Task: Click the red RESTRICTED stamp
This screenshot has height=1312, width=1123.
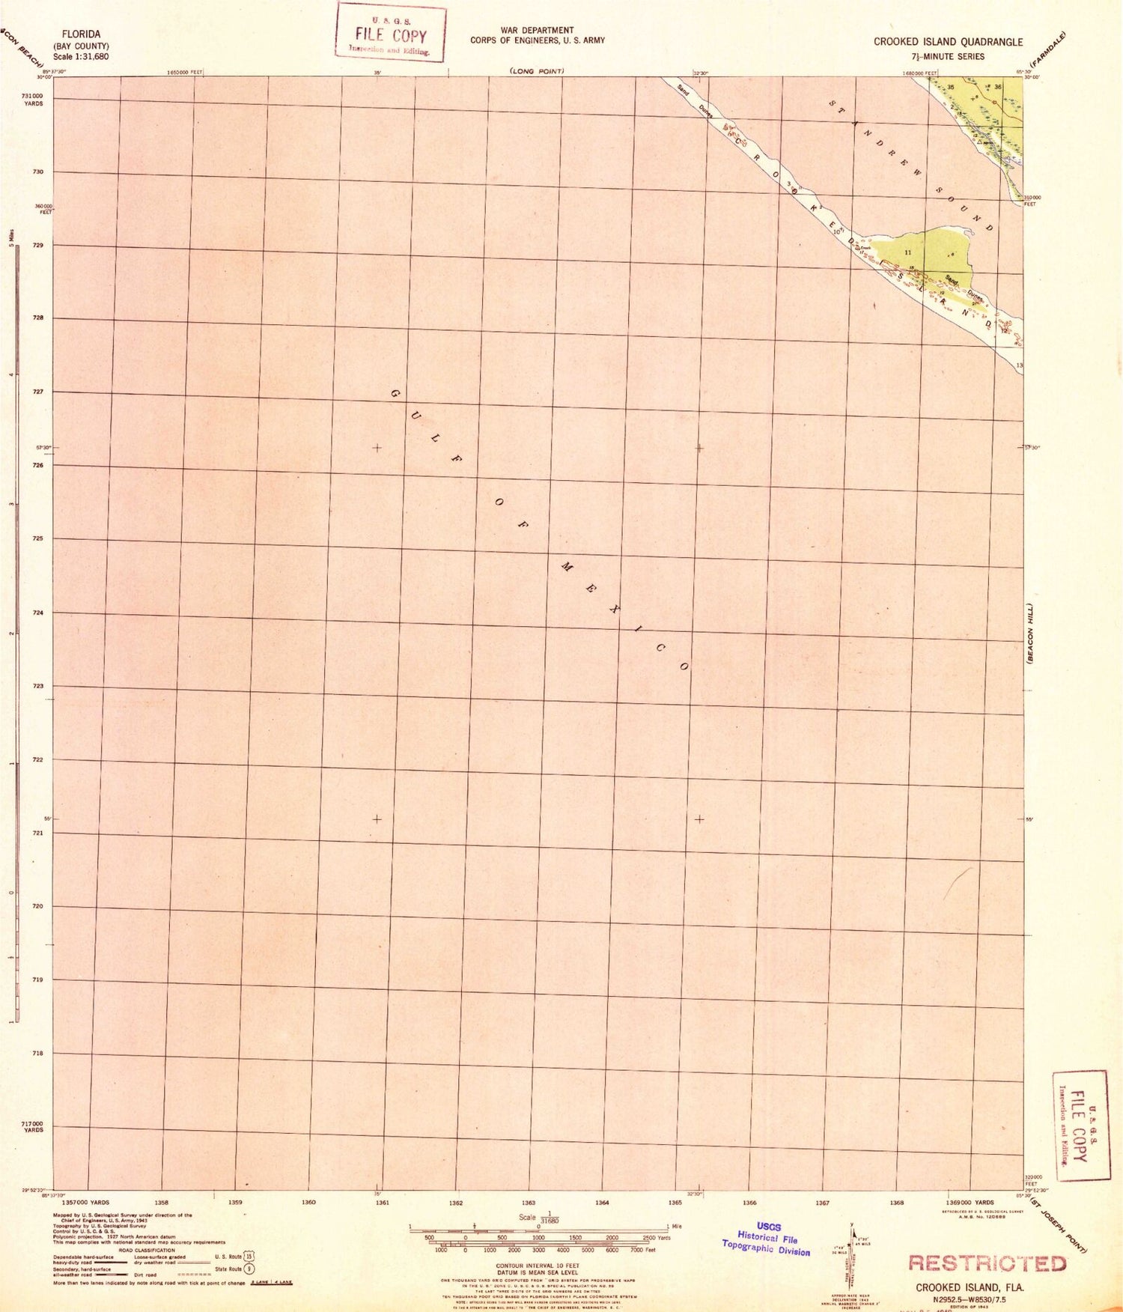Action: click(987, 1263)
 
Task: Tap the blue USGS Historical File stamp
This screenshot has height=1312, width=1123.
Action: click(766, 1239)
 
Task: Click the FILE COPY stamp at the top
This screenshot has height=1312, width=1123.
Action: click(391, 32)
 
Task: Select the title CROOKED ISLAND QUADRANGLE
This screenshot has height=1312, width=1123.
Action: click(948, 42)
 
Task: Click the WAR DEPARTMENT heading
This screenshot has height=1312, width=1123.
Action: click(537, 31)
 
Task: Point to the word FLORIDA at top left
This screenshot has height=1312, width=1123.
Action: click(81, 34)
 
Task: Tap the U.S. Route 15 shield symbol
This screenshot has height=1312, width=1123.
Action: click(249, 1257)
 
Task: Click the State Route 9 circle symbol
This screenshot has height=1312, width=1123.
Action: click(249, 1269)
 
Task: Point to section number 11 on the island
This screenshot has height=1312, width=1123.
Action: click(908, 252)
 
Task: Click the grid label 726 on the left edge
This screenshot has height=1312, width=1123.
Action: click(37, 465)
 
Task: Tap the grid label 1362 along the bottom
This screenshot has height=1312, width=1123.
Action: click(455, 1203)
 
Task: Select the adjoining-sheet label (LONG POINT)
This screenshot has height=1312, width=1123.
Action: click(537, 71)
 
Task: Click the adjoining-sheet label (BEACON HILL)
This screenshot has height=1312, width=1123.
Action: click(1030, 633)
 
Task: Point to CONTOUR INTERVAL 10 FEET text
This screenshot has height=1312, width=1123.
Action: click(538, 1266)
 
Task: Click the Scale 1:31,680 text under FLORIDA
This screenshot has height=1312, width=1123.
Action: click(81, 57)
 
